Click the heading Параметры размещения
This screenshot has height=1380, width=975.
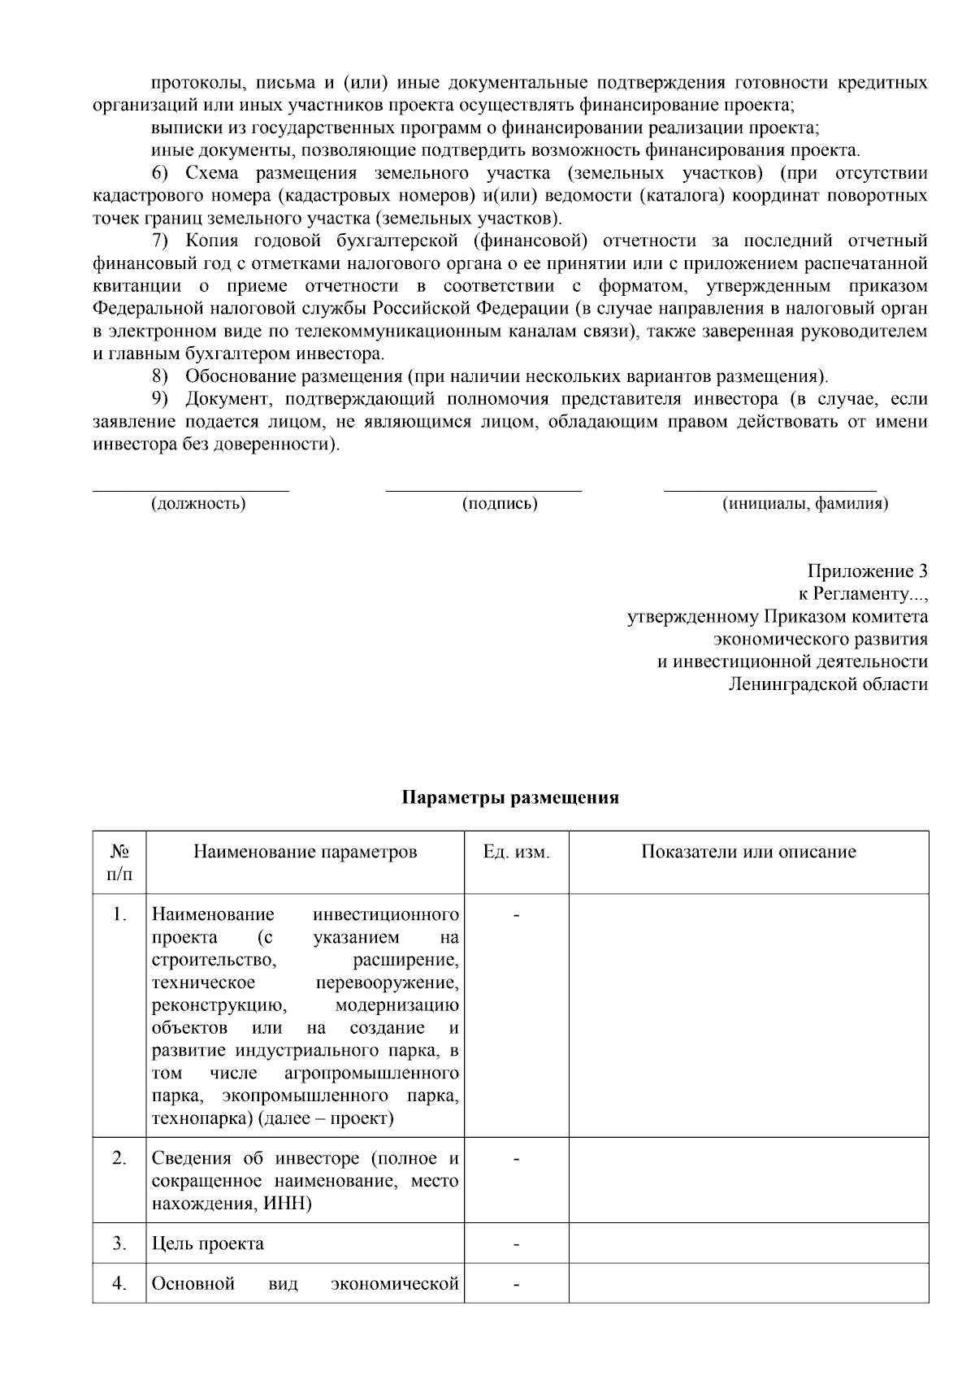pos(511,797)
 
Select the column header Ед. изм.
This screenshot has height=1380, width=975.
pos(516,852)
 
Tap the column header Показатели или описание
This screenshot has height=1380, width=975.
pos(748,852)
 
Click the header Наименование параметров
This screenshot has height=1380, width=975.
pos(305,852)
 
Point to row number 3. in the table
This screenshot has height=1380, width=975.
pos(119,1243)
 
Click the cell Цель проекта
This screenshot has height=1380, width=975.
pos(208,1244)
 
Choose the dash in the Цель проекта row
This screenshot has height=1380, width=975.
pos(516,1244)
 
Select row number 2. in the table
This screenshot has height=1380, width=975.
pos(119,1158)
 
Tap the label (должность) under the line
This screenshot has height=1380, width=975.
pos(199,504)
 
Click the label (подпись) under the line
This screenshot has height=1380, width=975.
pos(500,504)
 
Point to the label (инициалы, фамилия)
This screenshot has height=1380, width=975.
pos(805,504)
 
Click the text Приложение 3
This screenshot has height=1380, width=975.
pos(867,571)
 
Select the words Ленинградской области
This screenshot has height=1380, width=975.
pos(828,684)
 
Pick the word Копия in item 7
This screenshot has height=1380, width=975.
pos(207,241)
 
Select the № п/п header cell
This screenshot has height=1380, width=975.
pos(119,862)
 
